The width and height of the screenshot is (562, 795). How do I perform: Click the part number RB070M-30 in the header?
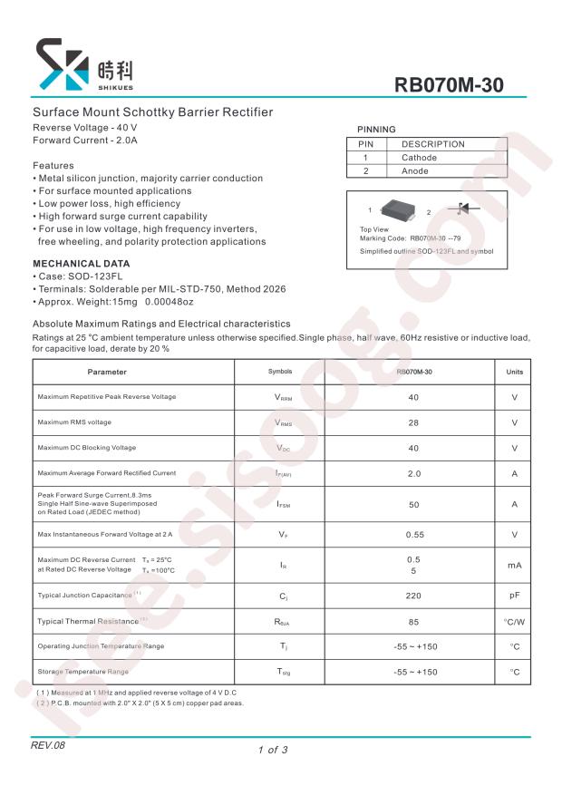449,85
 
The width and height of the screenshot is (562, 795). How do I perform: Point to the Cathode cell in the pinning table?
419,158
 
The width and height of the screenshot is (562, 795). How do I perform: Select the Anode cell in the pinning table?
415,170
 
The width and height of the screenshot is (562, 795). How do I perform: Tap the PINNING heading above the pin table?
376,130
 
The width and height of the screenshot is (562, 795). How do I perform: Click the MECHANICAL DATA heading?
82,263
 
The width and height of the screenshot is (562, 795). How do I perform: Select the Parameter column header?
107,373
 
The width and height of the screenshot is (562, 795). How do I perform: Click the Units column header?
514,373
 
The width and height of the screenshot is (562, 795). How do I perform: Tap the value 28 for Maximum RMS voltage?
413,422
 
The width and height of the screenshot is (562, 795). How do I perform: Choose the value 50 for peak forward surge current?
413,504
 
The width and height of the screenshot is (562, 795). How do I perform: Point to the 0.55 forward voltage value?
414,535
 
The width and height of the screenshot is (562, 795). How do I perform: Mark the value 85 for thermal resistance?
413,621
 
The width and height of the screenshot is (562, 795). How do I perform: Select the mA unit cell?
514,565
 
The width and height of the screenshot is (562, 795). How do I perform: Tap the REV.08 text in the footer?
48,745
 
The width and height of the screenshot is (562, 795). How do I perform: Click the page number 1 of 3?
273,750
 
